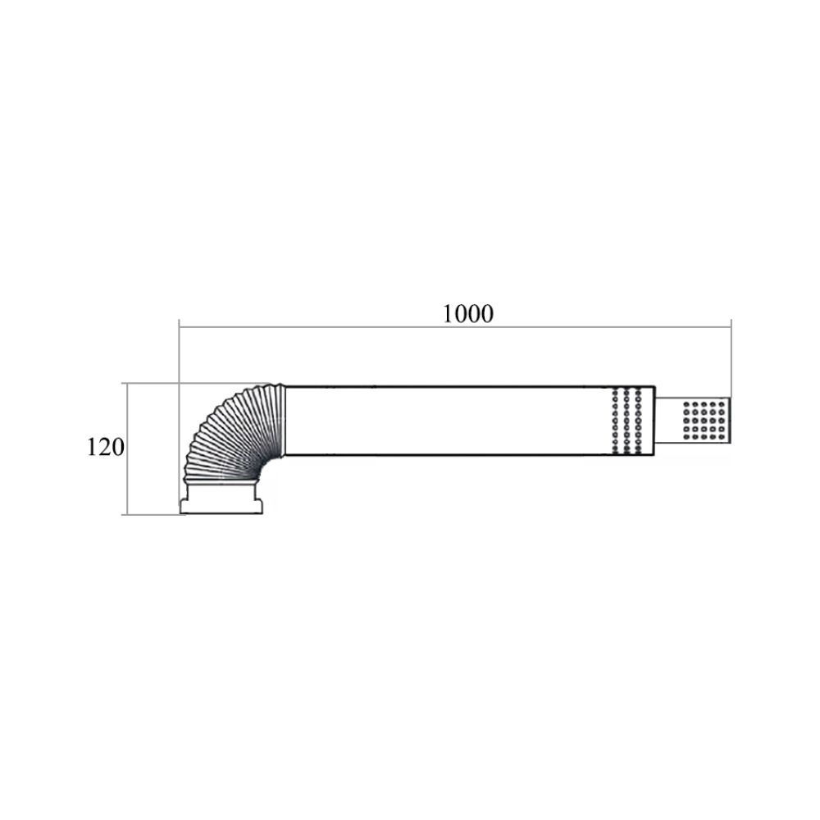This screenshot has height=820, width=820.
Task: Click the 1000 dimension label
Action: point(468,314)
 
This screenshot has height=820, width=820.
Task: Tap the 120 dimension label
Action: point(106,447)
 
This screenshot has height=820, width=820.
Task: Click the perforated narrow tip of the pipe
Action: point(693,420)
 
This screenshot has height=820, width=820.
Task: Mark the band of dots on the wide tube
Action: point(626,421)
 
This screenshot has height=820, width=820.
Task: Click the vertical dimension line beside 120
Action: point(127,449)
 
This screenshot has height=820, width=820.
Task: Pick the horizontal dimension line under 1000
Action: point(455,327)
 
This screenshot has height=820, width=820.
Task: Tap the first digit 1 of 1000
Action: point(449,314)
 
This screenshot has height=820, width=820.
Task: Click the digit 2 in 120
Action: point(106,447)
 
